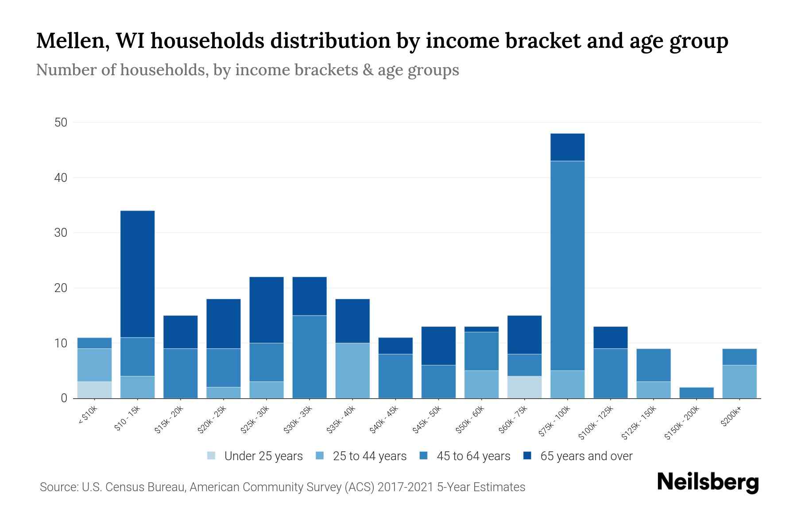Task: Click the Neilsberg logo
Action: pyautogui.click(x=708, y=482)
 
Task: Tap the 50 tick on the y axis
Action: pyautogui.click(x=61, y=123)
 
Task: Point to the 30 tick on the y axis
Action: pyautogui.click(x=61, y=233)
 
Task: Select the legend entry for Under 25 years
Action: pyautogui.click(x=255, y=456)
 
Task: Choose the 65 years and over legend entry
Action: pyautogui.click(x=578, y=456)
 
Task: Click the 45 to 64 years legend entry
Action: pyautogui.click(x=465, y=456)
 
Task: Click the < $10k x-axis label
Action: pyautogui.click(x=89, y=416)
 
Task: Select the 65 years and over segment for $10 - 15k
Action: pyautogui.click(x=138, y=274)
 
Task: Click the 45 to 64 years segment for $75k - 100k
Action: pyautogui.click(x=568, y=265)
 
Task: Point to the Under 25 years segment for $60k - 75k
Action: pyautogui.click(x=525, y=387)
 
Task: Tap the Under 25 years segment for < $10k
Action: pyautogui.click(x=95, y=390)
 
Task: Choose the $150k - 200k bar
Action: pyautogui.click(x=696, y=393)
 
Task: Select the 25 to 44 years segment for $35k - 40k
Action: pyautogui.click(x=352, y=371)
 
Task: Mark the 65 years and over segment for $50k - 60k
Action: pyautogui.click(x=482, y=329)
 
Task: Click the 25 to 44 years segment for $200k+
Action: pyautogui.click(x=739, y=382)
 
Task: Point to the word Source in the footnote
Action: pyautogui.click(x=57, y=487)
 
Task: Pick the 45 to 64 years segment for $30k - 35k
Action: pyautogui.click(x=310, y=357)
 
